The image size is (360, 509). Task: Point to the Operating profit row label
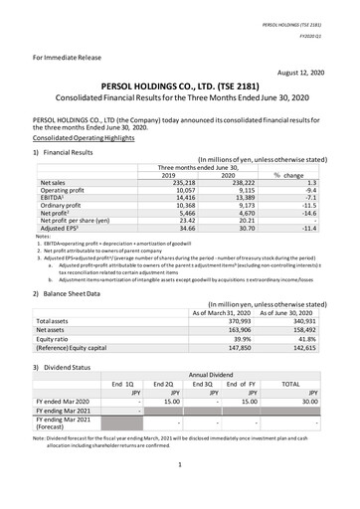pyautogui.click(x=65, y=191)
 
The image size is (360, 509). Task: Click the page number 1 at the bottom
pyautogui.click(x=178, y=491)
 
